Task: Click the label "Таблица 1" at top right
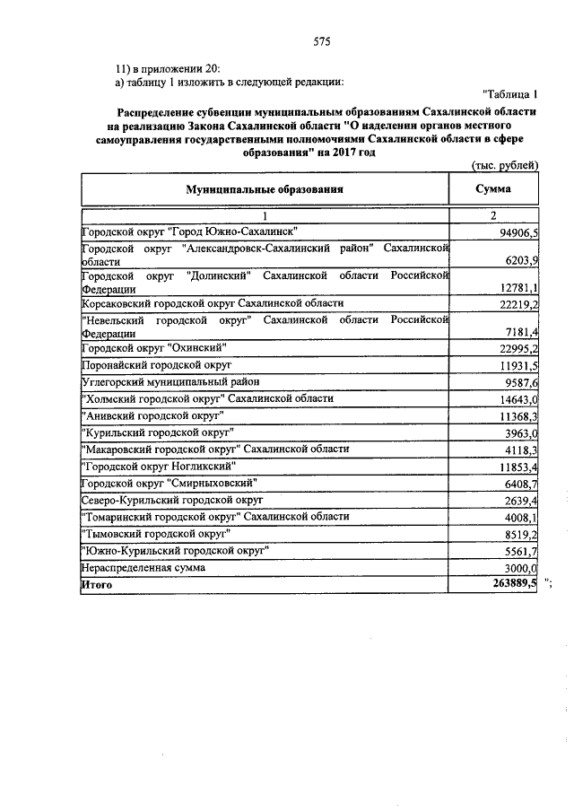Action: coord(509,94)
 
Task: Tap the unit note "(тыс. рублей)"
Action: coord(504,165)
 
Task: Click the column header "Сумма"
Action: coord(493,189)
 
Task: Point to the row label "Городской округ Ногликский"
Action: coord(159,467)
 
